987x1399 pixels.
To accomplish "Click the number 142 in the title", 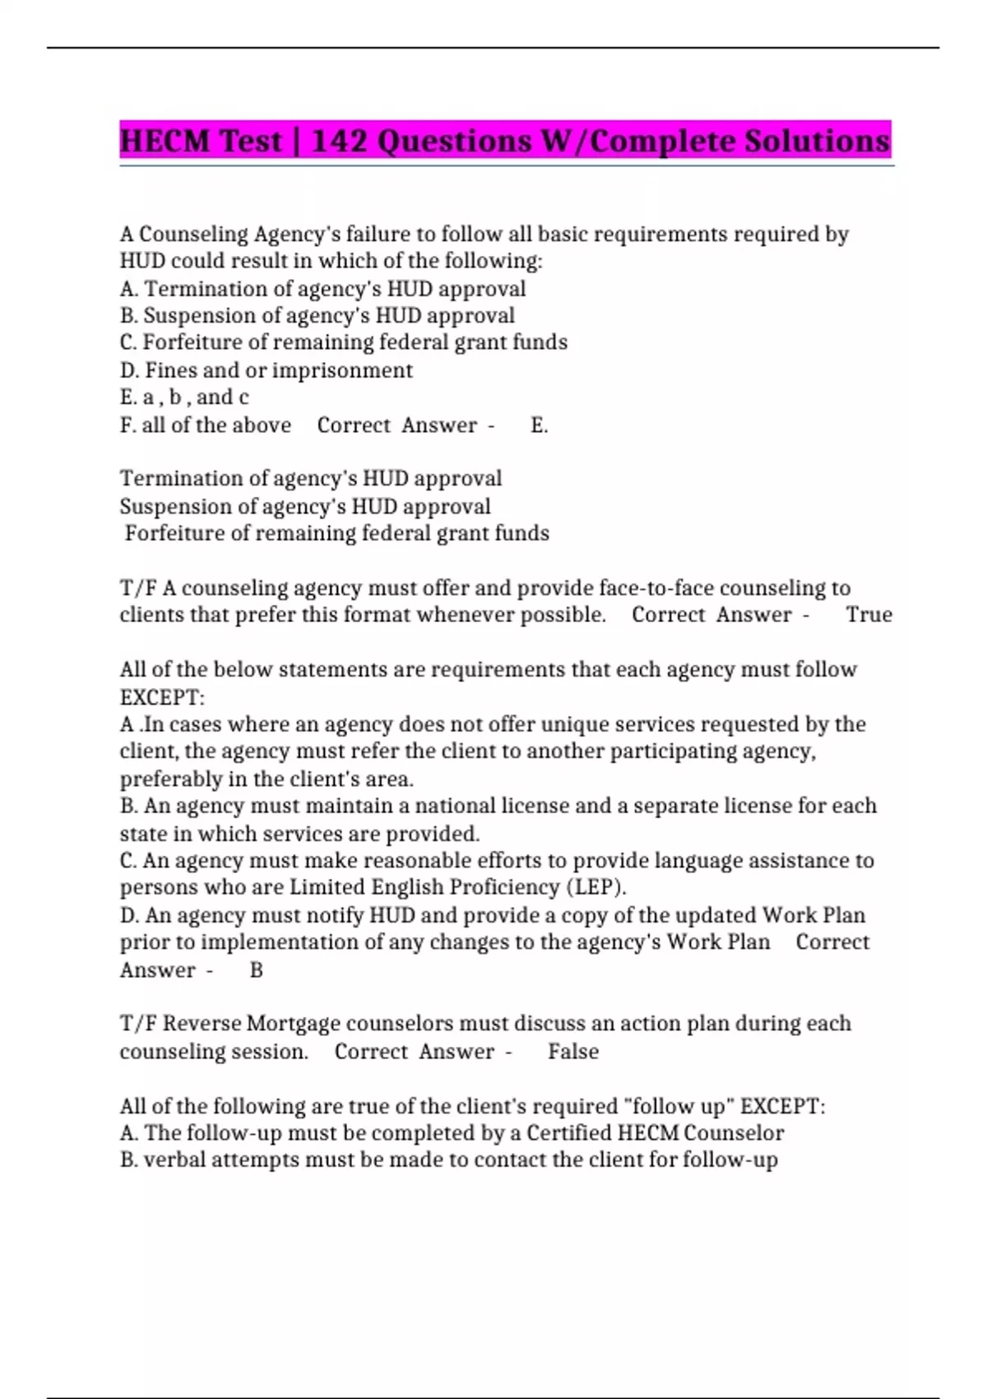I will point(340,141).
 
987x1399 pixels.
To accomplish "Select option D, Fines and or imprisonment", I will point(266,370).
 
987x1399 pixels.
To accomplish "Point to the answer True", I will point(869,615).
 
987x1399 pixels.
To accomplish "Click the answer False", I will point(573,1052).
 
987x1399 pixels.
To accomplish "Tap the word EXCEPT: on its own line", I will point(162,698).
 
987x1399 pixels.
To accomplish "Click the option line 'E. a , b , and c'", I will point(184,397).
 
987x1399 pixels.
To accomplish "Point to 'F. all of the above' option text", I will point(206,425).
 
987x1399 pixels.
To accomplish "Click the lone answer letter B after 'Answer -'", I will point(256,970).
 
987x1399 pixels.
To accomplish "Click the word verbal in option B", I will point(175,1160).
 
